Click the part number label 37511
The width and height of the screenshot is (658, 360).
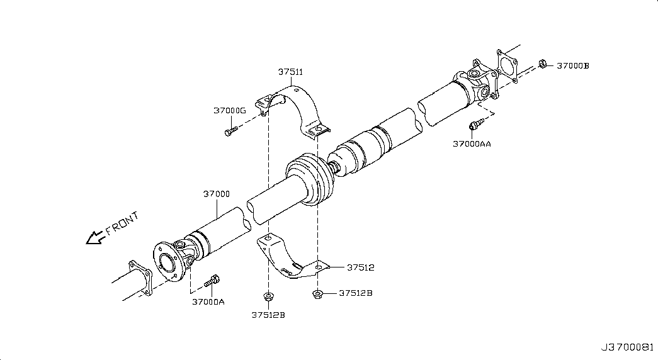(290, 72)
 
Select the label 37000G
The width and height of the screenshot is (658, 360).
(229, 110)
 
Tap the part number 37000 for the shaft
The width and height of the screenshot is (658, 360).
(216, 194)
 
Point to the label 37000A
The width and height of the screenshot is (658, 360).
(208, 301)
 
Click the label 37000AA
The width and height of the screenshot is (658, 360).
(472, 143)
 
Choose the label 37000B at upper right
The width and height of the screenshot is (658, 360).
(572, 65)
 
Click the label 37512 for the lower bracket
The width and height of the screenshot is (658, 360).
(360, 267)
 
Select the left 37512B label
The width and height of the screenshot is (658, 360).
(268, 315)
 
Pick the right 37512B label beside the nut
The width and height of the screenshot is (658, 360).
(356, 293)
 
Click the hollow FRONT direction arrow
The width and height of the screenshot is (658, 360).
(95, 237)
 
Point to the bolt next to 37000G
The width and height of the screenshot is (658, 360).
(230, 130)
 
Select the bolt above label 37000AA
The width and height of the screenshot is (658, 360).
(477, 124)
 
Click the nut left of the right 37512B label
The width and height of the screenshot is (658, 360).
(318, 293)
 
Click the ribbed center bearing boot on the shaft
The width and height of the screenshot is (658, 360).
(307, 177)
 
